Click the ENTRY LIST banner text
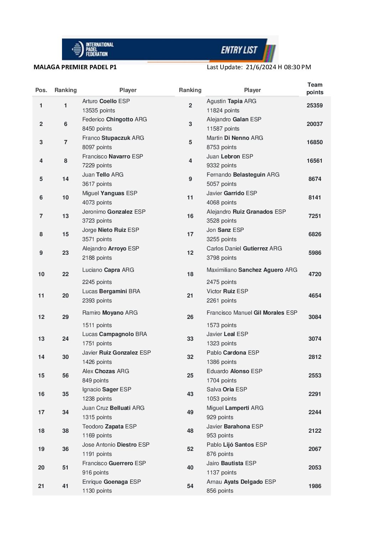pyautogui.click(x=239, y=50)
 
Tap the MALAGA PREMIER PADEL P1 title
pyautogui.click(x=75, y=67)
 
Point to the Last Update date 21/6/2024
pyautogui.click(x=261, y=67)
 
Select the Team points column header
pyautogui.click(x=315, y=88)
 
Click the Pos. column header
pyautogui.click(x=41, y=90)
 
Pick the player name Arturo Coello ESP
pyautogui.click(x=106, y=101)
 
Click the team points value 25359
pyautogui.click(x=315, y=106)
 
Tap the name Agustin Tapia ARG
pyautogui.click(x=231, y=101)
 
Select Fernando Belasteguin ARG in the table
pyautogui.click(x=243, y=175)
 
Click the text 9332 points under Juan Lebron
pyautogui.click(x=221, y=166)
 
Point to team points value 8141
pyautogui.click(x=315, y=198)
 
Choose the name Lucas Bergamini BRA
pyautogui.click(x=111, y=291)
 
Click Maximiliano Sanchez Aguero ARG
pyautogui.click(x=252, y=270)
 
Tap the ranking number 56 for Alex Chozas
pyautogui.click(x=66, y=376)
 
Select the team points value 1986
pyautogui.click(x=315, y=486)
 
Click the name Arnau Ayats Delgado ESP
pyautogui.click(x=241, y=482)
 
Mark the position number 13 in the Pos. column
pyautogui.click(x=41, y=339)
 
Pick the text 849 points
pyautogui.click(x=95, y=381)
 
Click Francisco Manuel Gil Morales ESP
pyautogui.click(x=252, y=313)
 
